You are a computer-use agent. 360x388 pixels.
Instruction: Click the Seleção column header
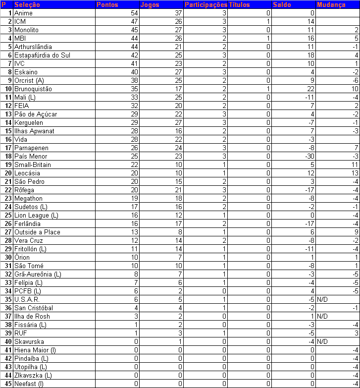pos(27,4)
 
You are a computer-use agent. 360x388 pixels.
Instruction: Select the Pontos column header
pos(107,4)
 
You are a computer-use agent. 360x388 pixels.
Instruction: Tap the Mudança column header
pos(331,4)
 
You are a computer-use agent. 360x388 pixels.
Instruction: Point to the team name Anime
pos(24,13)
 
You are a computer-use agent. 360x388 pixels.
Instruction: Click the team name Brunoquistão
pos(33,89)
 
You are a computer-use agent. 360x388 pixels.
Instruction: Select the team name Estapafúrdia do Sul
pos(42,55)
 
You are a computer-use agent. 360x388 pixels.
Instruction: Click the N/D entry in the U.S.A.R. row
pos(323,299)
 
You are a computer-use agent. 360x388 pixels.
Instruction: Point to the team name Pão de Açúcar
pos(36,114)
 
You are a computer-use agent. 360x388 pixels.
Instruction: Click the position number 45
pos(8,384)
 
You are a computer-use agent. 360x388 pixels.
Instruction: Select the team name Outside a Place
pos(37,232)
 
